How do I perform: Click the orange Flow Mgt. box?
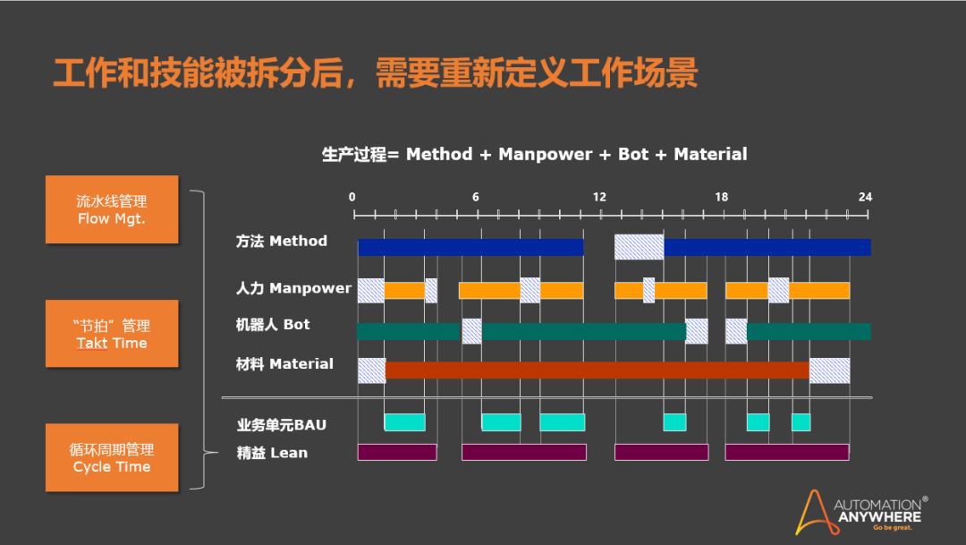pos(112,209)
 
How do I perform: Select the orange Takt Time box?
pos(112,334)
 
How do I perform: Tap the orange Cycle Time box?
pos(112,457)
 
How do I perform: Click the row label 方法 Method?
pos(281,241)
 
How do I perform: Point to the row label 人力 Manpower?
pos(293,288)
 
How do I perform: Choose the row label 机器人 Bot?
pos(272,324)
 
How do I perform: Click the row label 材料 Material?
pos(284,363)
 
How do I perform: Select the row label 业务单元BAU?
pos(282,424)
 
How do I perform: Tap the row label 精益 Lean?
pos(272,453)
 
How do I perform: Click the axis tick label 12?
pos(598,197)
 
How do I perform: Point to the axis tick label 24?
pos(865,197)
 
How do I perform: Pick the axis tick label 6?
pos(476,197)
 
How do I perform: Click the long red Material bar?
pos(597,370)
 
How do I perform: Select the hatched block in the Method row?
pos(639,246)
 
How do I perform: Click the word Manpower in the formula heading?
pos(545,154)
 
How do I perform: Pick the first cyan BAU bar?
pos(404,422)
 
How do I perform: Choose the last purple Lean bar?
pos(786,452)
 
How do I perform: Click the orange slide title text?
pos(375,73)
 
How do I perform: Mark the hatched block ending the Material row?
pos(829,370)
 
